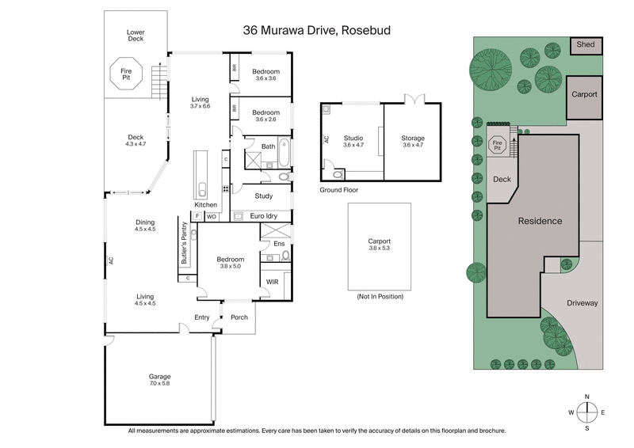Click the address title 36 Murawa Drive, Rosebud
pyautogui.click(x=317, y=31)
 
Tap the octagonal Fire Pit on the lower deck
pyautogui.click(x=125, y=74)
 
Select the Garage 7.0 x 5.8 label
pyautogui.click(x=159, y=380)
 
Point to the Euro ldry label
pyautogui.click(x=262, y=215)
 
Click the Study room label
pyautogui.click(x=264, y=196)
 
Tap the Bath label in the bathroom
pyautogui.click(x=268, y=146)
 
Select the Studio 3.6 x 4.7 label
pyautogui.click(x=353, y=142)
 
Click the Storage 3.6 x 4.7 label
pyautogui.click(x=413, y=142)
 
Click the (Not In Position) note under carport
pyautogui.click(x=380, y=296)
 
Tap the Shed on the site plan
pyautogui.click(x=586, y=45)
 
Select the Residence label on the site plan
pyautogui.click(x=540, y=221)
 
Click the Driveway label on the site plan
pyautogui.click(x=582, y=303)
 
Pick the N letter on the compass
pyautogui.click(x=586, y=396)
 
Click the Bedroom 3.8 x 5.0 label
pyautogui.click(x=231, y=263)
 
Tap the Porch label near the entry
pyautogui.click(x=239, y=317)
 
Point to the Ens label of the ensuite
pyautogui.click(x=279, y=244)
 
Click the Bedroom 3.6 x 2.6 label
pyautogui.click(x=265, y=116)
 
